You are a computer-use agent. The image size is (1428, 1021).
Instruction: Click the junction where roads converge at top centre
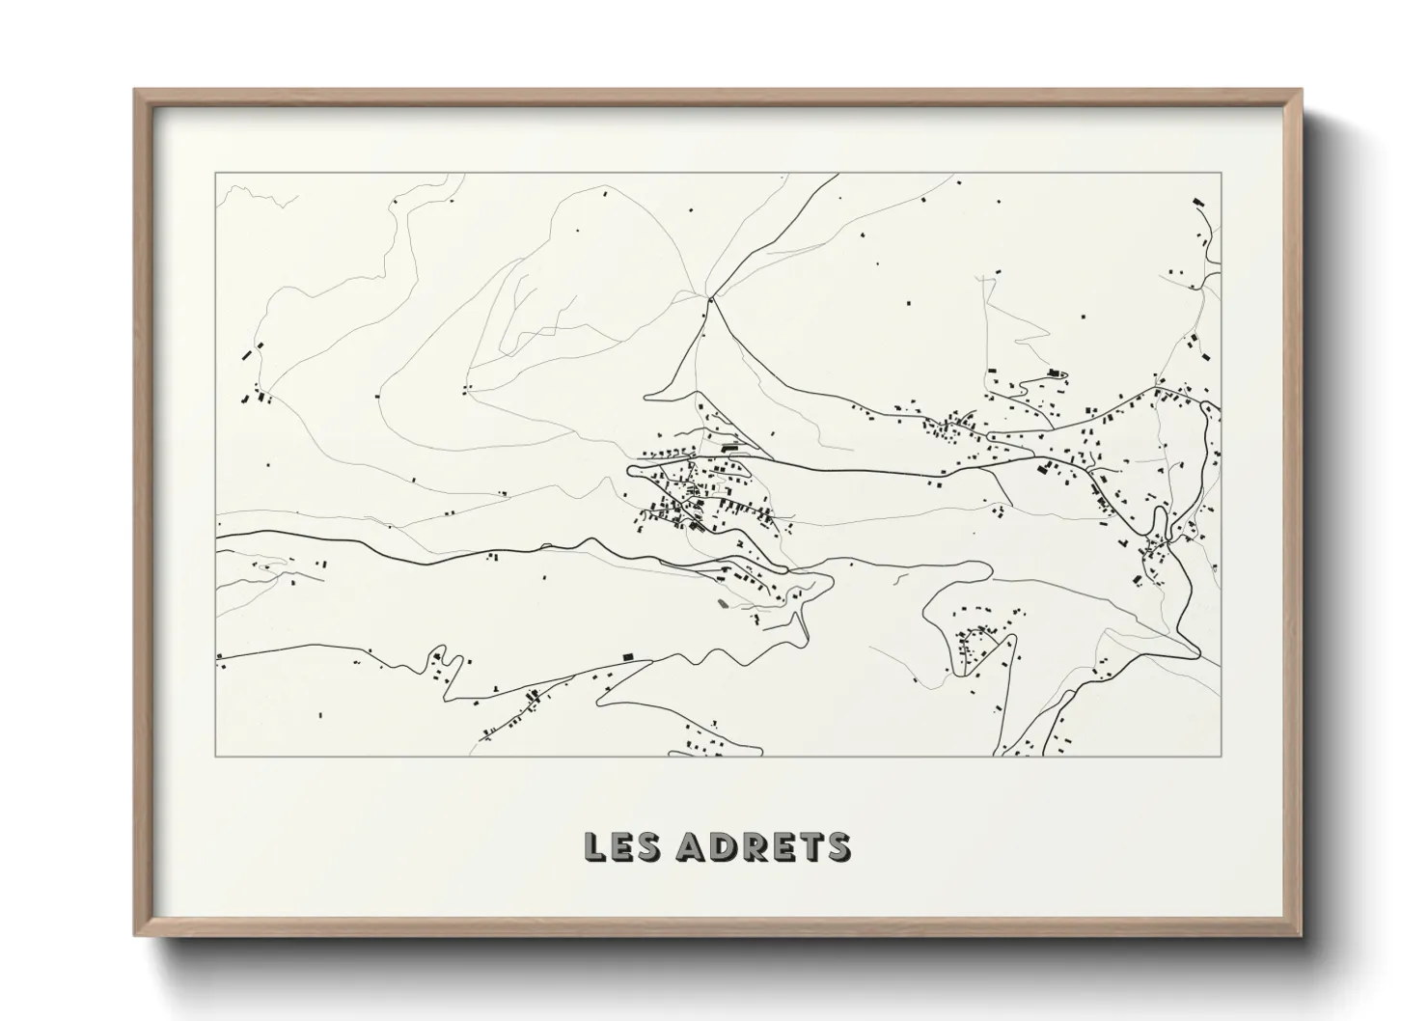coord(710,300)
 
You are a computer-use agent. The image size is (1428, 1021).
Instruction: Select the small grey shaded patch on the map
coord(723,605)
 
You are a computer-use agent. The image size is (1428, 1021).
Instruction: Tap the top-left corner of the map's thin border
coord(216,174)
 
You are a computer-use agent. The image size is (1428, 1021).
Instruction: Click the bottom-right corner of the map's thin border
coord(1222,756)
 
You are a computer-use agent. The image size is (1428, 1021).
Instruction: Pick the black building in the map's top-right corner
coord(1199,202)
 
